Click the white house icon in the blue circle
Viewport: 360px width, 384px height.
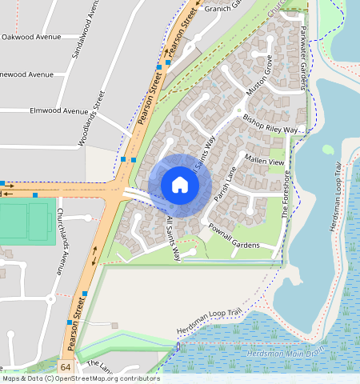click(180, 185)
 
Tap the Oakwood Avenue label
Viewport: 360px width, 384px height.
click(32, 37)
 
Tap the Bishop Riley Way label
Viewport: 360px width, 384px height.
click(270, 123)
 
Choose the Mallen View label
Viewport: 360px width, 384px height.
click(265, 160)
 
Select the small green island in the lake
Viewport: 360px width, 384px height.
click(328, 149)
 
